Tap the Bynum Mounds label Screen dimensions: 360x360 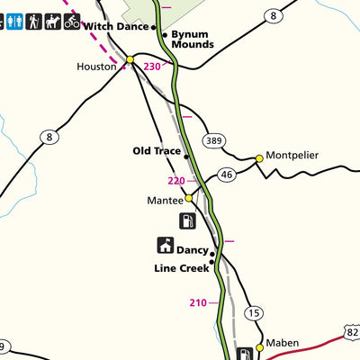pyautogui.click(x=193, y=38)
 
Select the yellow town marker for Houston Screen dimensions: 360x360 pyautogui.click(x=130, y=60)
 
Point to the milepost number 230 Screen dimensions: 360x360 pyautogui.click(x=152, y=66)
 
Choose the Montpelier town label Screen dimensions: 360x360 pyautogui.click(x=292, y=155)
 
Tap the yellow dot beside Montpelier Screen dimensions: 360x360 pyautogui.click(x=259, y=158)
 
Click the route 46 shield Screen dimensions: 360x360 pyautogui.click(x=226, y=175)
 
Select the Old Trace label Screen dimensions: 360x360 pyautogui.click(x=157, y=151)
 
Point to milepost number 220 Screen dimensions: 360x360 pyautogui.click(x=175, y=181)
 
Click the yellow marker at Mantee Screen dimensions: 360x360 pyautogui.click(x=189, y=198)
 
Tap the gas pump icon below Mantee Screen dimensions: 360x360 pyautogui.click(x=187, y=220)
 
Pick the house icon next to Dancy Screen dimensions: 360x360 pyautogui.click(x=166, y=245)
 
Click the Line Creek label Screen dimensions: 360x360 pyautogui.click(x=182, y=268)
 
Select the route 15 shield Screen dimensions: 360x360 pyautogui.click(x=255, y=313)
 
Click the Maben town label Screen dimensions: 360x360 pyautogui.click(x=281, y=343)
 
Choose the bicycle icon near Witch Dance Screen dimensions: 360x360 pyautogui.click(x=72, y=19)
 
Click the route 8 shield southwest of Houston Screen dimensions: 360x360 pyautogui.click(x=49, y=137)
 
